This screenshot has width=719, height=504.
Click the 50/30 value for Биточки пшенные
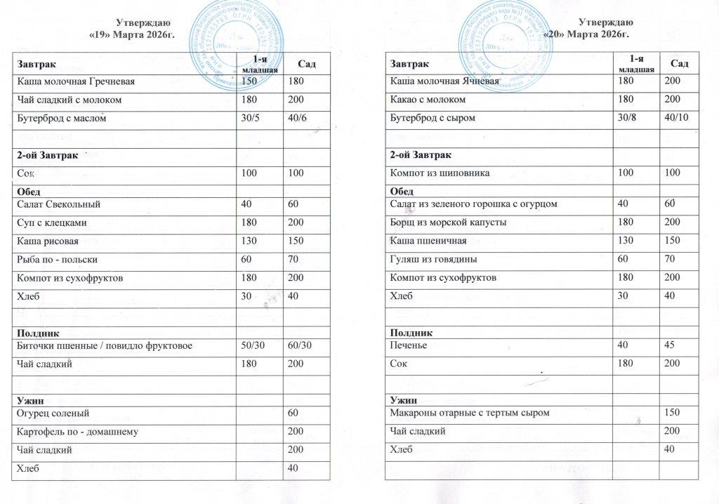[252, 345]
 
